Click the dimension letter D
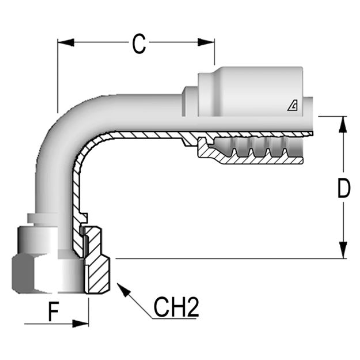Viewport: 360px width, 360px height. (344, 189)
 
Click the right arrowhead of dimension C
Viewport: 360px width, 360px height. (206, 42)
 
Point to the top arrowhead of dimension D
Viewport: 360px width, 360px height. (343, 125)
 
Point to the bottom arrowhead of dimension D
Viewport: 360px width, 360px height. (343, 250)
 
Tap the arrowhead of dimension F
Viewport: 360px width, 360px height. (81, 323)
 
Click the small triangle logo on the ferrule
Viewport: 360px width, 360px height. (293, 106)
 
